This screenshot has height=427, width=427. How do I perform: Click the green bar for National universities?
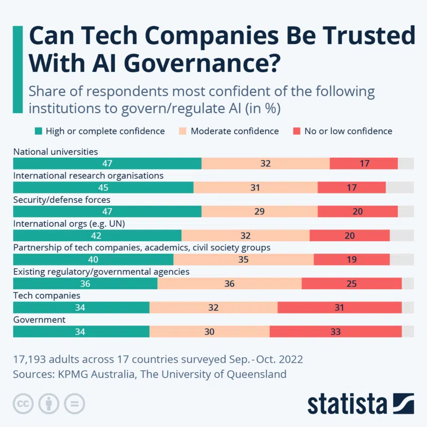[x=107, y=163]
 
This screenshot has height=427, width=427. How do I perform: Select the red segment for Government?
[x=336, y=332]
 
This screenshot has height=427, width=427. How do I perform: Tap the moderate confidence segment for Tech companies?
[x=213, y=307]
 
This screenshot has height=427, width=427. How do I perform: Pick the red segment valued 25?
[x=352, y=283]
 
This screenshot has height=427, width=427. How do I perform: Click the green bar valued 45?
[x=103, y=187]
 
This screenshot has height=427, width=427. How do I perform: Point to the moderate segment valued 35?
[x=244, y=259]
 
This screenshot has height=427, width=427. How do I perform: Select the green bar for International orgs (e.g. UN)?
[x=97, y=236]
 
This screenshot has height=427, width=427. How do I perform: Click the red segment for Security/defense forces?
[x=358, y=211]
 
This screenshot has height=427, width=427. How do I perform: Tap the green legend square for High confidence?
[x=38, y=131]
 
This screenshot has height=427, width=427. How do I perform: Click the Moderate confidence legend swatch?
[x=183, y=131]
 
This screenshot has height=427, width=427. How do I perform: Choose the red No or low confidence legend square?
[x=296, y=131]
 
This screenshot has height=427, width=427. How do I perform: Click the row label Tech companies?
[x=47, y=295]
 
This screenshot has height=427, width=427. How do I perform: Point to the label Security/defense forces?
[x=61, y=199]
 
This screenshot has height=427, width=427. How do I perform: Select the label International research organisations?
[x=88, y=175]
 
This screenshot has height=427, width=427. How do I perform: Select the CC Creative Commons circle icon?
[x=23, y=403]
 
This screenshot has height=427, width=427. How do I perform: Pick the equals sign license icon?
[x=74, y=403]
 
